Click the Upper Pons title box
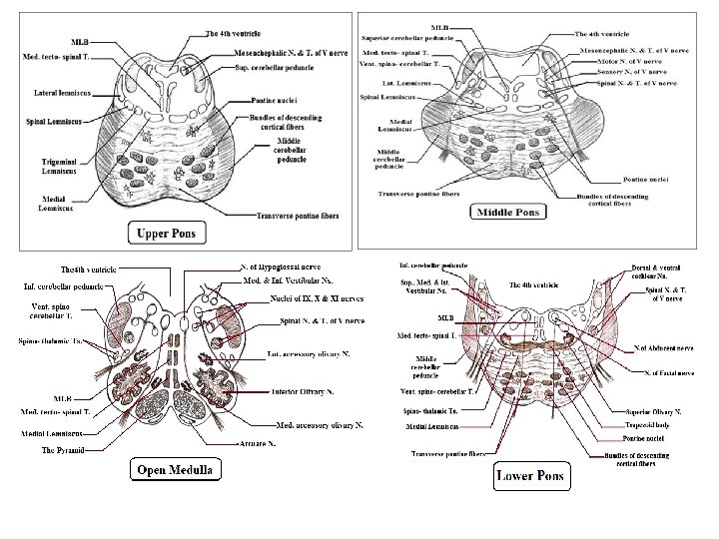(166, 234)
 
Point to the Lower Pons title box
(529, 474)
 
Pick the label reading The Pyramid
(63, 451)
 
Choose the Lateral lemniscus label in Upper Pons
(51, 91)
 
